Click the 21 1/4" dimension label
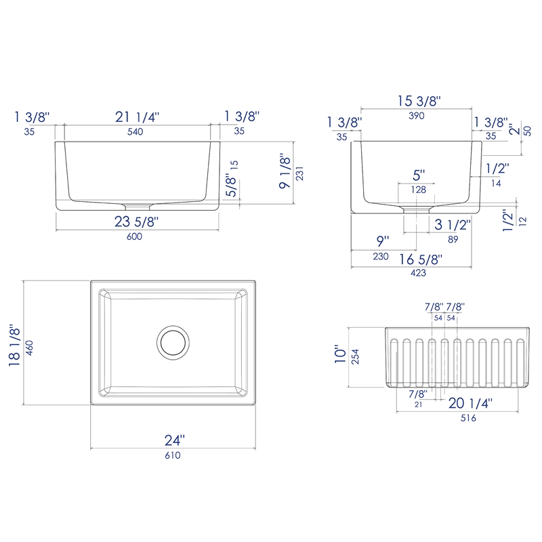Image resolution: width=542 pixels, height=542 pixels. click(x=137, y=117)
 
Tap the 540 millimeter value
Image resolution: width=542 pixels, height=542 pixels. click(x=135, y=131)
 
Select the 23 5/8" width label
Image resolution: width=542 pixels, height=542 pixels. click(x=136, y=222)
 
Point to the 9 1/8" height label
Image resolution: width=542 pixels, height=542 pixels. click(x=285, y=171)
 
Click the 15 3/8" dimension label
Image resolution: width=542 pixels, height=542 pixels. click(x=419, y=101)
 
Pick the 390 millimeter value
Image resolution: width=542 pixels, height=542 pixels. click(x=417, y=116)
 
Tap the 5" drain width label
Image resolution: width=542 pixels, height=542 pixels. click(x=419, y=175)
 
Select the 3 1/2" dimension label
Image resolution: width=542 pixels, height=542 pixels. click(x=453, y=225)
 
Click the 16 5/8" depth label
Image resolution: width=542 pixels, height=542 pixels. click(x=421, y=259)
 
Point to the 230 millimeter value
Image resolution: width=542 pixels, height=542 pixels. click(x=381, y=257)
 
